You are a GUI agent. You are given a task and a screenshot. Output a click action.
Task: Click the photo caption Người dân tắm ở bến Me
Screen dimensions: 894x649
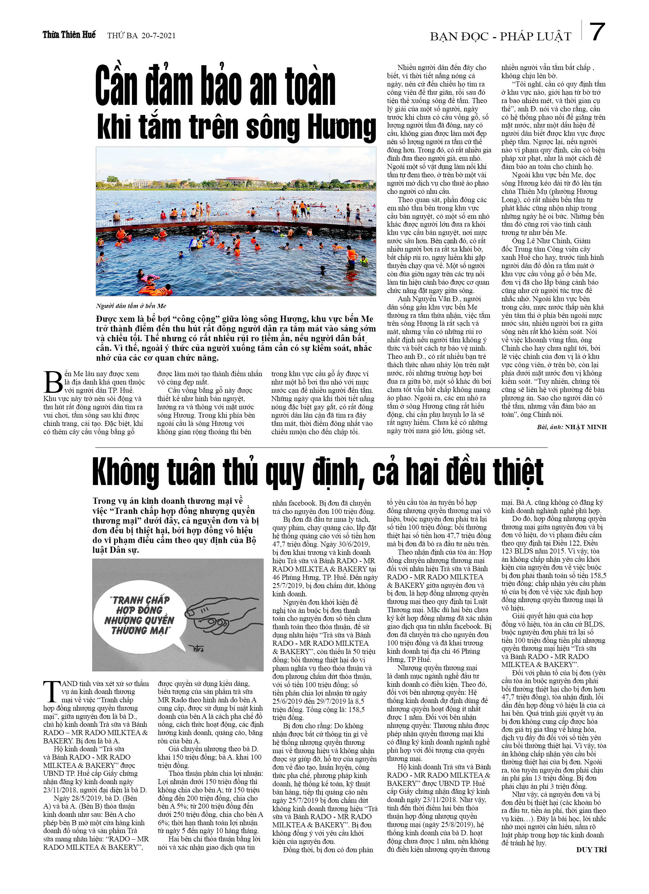(x=131, y=306)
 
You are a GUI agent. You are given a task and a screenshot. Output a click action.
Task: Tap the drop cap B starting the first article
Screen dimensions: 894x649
(x=53, y=382)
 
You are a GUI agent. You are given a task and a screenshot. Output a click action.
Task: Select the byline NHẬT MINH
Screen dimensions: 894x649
(x=586, y=427)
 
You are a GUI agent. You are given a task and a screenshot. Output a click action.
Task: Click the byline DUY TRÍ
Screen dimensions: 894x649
(x=591, y=850)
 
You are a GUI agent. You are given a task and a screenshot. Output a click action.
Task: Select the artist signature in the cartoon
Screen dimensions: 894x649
(x=196, y=648)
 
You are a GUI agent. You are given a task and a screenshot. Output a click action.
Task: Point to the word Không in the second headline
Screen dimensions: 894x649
(x=126, y=472)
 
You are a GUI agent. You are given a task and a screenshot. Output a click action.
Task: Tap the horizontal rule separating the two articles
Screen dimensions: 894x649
(x=321, y=448)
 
